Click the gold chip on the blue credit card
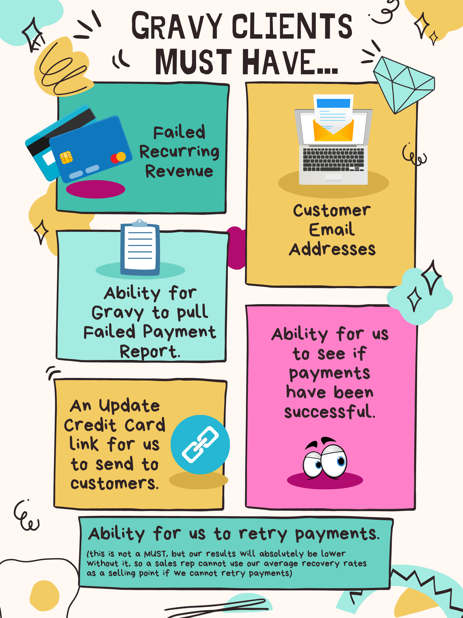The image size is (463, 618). pyautogui.click(x=66, y=157)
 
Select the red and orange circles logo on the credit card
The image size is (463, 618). pyautogui.click(x=118, y=157)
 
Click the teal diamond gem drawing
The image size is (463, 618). pyautogui.click(x=403, y=84)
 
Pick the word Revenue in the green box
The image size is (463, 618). pyautogui.click(x=179, y=171)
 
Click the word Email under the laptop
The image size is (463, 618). pyautogui.click(x=332, y=230)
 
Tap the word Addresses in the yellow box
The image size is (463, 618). pyautogui.click(x=332, y=249)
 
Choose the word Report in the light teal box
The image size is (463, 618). pyautogui.click(x=150, y=351)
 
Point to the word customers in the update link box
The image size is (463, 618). pyautogui.click(x=114, y=483)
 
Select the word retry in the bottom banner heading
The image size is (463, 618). pyautogui.click(x=263, y=534)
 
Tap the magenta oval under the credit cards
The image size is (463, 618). pyautogui.click(x=95, y=189)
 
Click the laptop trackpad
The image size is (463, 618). pyautogui.click(x=333, y=177)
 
